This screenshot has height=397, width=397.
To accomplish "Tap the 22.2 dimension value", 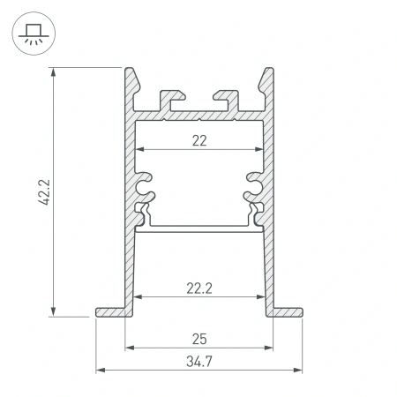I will click(198, 287).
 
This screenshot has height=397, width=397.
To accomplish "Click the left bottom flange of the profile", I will click(111, 311).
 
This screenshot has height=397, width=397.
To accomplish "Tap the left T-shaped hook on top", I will click(170, 98).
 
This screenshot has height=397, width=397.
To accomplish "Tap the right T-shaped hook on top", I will click(227, 98).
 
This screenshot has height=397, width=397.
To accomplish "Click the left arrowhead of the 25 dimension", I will click(129, 347).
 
